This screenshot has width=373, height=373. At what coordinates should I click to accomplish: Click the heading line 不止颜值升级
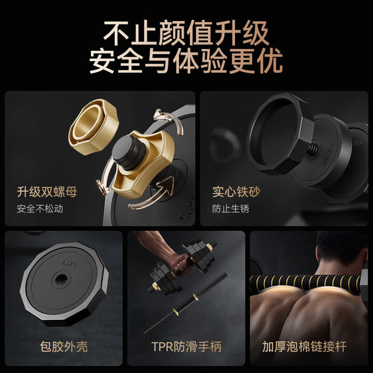pyautogui.click(x=186, y=33)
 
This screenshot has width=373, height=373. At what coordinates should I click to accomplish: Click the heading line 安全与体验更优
pyautogui.click(x=186, y=61)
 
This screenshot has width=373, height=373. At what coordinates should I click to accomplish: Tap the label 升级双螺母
pyautogui.click(x=47, y=192)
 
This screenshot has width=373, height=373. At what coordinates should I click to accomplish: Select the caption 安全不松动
pyautogui.click(x=40, y=209)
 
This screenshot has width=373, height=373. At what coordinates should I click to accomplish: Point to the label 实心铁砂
pyautogui.click(x=236, y=192)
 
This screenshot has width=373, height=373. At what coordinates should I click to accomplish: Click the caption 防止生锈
pyautogui.click(x=231, y=209)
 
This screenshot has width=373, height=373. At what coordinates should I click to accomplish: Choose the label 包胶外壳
pyautogui.click(x=64, y=347)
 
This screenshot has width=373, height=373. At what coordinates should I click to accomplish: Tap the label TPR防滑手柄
pyautogui.click(x=186, y=347)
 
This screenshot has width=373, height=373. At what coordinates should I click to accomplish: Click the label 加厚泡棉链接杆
pyautogui.click(x=304, y=347)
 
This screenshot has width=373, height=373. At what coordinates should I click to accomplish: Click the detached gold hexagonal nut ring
pyautogui.click(x=93, y=126)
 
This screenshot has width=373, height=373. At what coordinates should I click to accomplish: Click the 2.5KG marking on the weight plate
pyautogui.click(x=69, y=263)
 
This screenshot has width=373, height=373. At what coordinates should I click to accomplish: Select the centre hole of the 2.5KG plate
pyautogui.click(x=61, y=279)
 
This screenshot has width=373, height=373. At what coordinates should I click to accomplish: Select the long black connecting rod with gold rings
pyautogui.click(x=185, y=304)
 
